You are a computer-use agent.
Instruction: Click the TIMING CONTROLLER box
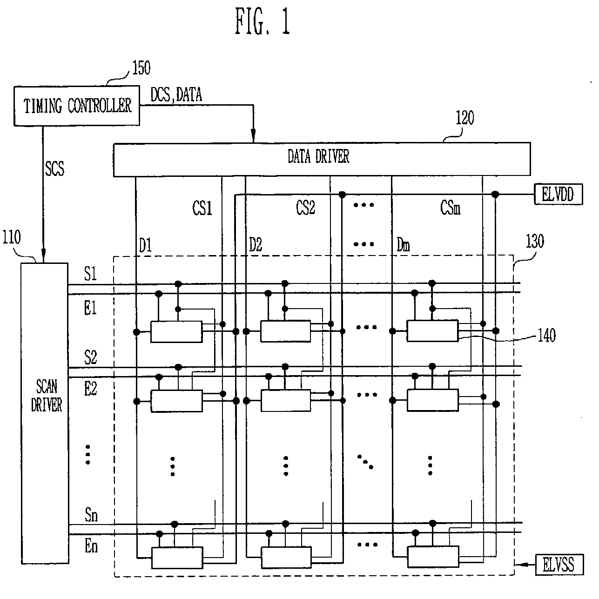[x=77, y=106]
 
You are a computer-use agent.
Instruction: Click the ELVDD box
[x=558, y=194]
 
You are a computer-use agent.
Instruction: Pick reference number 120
[x=464, y=118]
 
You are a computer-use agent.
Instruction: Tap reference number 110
[x=11, y=237]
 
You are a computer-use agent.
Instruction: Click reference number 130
[x=534, y=242]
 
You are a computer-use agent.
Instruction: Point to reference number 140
[x=546, y=335]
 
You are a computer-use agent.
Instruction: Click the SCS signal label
[x=54, y=168]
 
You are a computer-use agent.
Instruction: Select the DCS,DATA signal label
[x=176, y=94]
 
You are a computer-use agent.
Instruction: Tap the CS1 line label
[x=202, y=209]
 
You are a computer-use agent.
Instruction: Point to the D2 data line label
[x=256, y=245]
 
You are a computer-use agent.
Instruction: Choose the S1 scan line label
[x=90, y=274]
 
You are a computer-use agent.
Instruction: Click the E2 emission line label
[x=90, y=388]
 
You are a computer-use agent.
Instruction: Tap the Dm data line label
[x=403, y=245]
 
